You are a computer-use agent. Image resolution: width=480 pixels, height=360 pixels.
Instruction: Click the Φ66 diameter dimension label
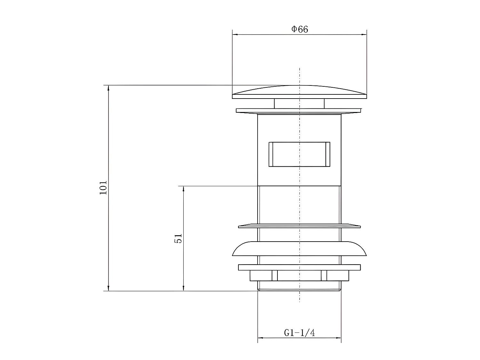point(300,29)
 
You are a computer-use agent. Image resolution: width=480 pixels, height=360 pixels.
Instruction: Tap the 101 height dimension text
point(103,188)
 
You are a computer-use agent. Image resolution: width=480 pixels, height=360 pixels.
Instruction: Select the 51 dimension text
point(178,238)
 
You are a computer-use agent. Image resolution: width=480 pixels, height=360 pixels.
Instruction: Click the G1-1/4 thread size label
point(300,333)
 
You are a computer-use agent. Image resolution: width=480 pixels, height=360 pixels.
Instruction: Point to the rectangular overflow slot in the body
point(299,154)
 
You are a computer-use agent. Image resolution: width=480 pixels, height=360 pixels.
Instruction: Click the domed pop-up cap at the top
point(299,92)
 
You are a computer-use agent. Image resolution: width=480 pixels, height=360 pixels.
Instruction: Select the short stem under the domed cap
point(299,103)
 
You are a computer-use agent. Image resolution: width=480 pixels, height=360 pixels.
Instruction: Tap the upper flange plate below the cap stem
point(299,110)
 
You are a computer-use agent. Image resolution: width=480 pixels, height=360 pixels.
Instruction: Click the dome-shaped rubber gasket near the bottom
point(299,249)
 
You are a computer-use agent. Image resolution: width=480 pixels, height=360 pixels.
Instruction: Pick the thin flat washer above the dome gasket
point(299,226)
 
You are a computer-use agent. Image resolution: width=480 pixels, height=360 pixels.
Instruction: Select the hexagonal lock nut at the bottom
point(299,276)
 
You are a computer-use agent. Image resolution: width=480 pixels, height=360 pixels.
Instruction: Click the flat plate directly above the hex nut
point(299,267)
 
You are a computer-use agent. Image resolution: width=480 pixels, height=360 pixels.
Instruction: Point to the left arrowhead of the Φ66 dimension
point(235,34)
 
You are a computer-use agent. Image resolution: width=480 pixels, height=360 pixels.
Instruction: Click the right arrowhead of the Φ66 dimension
point(364,34)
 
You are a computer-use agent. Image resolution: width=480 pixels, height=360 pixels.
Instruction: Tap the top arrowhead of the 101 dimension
point(108,88)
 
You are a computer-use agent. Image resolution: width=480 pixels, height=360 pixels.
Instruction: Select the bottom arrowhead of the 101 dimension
point(108,288)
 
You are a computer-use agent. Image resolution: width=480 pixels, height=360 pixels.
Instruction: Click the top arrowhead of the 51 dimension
point(183,188)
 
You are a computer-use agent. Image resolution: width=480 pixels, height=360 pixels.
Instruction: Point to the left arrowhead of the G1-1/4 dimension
point(260,338)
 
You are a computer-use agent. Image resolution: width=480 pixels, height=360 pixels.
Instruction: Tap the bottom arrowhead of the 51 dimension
point(183,288)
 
